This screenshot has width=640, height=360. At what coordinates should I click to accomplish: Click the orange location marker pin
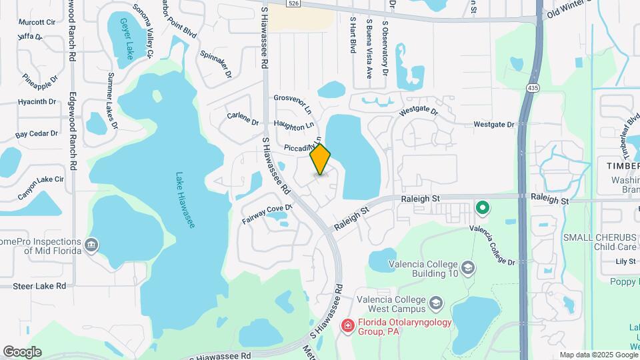tap(321, 159)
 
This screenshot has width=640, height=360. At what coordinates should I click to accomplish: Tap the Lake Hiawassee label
tap(185, 201)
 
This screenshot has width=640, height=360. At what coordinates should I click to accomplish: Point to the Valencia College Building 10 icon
tap(469, 268)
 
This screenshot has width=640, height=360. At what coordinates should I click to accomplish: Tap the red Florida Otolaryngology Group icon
tap(347, 325)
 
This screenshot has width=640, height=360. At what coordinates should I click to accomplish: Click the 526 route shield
tap(293, 3)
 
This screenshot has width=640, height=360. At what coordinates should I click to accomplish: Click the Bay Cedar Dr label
tap(37, 134)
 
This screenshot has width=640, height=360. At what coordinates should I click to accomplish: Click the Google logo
tap(22, 352)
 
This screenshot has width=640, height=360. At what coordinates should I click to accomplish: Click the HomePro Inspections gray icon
tap(92, 245)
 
